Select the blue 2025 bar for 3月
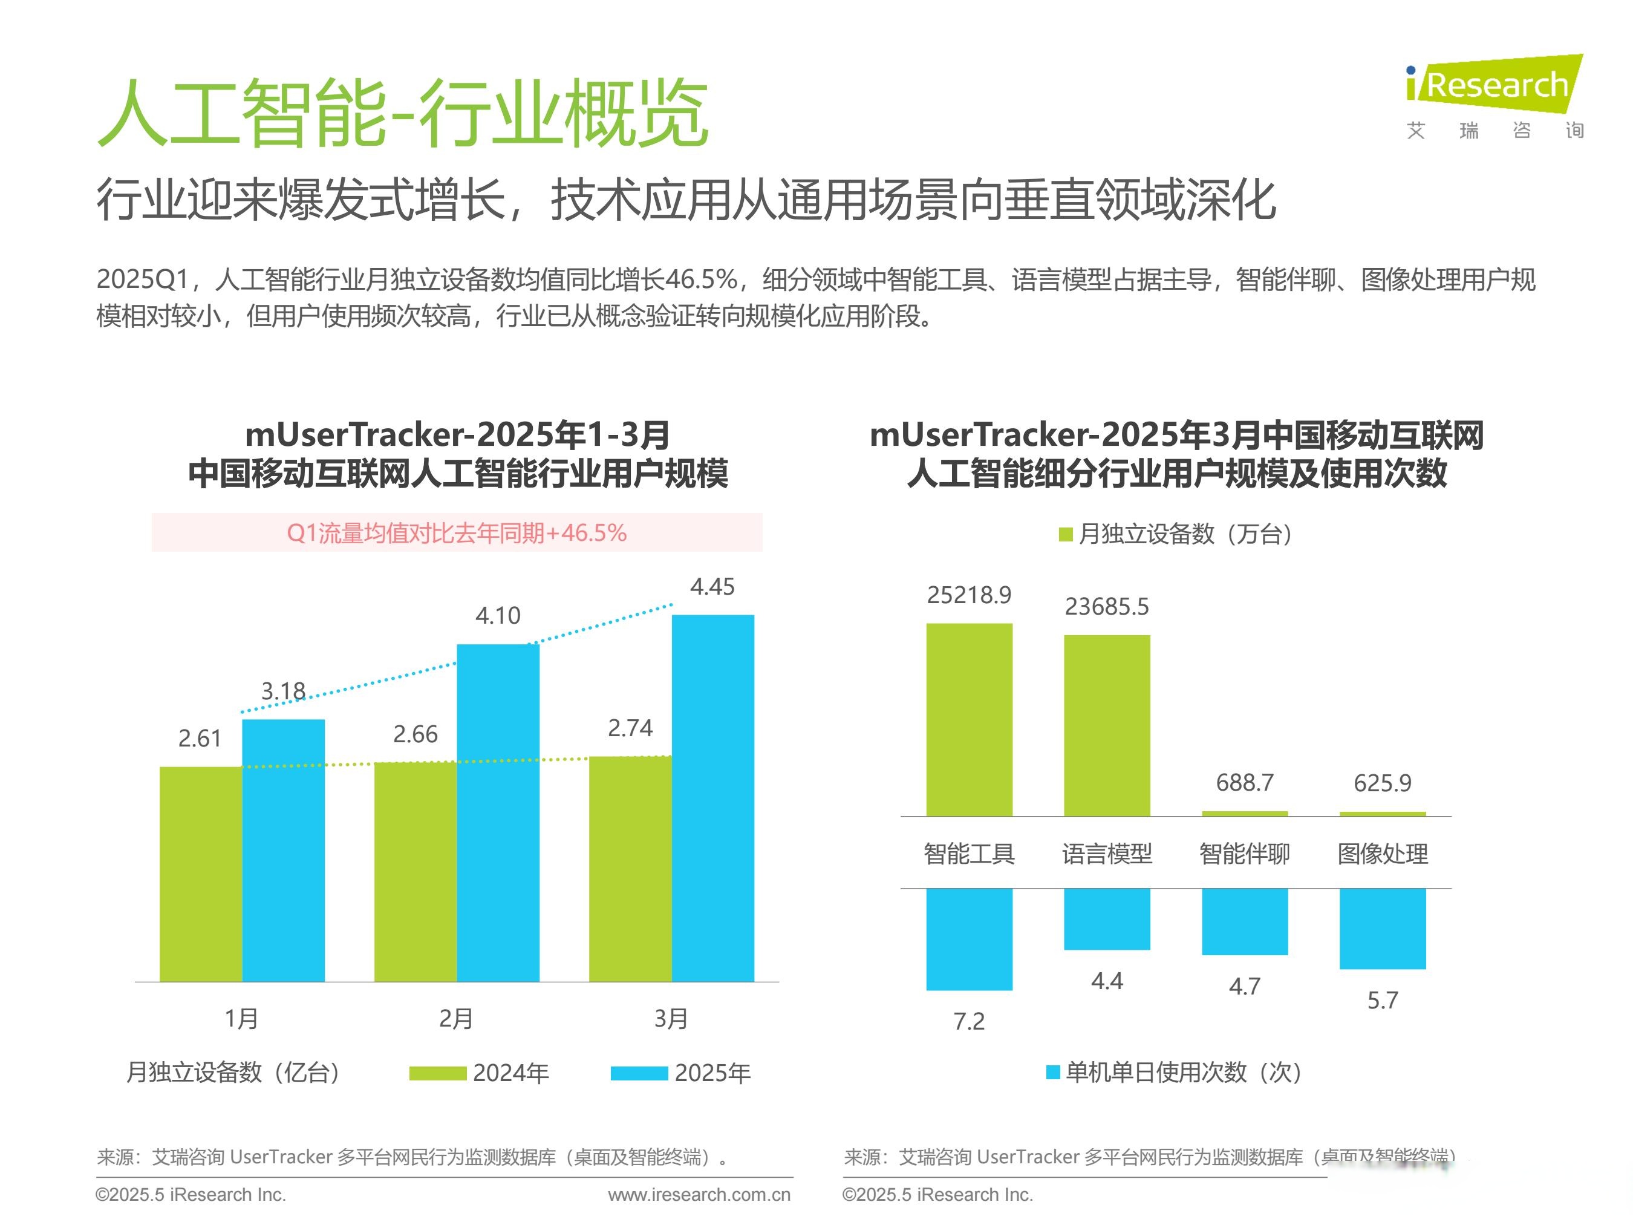coord(712,797)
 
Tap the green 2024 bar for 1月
coord(200,874)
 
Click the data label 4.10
coord(498,615)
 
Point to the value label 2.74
coord(630,728)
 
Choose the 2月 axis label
coord(455,1018)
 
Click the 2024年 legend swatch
coord(437,1073)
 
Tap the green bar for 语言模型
coord(1107,725)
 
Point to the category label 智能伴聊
coord(1245,854)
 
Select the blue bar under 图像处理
coord(1382,928)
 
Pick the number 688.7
coord(1245,782)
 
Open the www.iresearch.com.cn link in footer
coord(699,1195)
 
